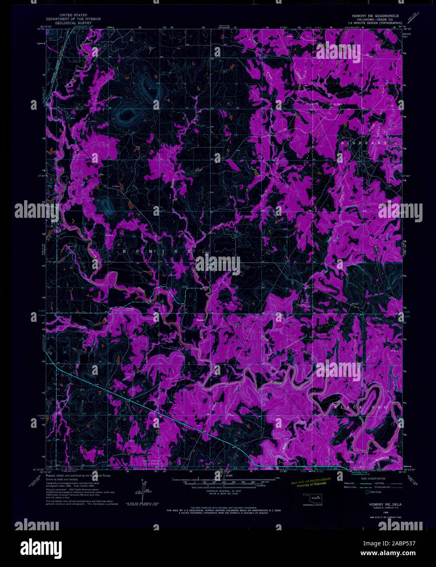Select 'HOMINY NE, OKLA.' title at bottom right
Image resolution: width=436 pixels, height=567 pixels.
coord(374,504)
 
